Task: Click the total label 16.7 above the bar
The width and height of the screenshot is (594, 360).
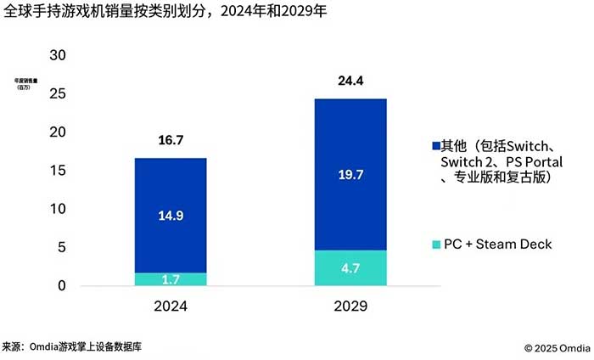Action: [x=170, y=141]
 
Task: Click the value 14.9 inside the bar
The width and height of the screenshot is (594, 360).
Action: [x=170, y=216]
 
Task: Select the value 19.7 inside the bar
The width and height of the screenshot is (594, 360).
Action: [x=350, y=175]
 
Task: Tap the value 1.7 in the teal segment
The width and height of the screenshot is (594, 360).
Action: [x=170, y=279]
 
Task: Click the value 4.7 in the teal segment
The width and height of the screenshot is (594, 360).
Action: [x=350, y=268]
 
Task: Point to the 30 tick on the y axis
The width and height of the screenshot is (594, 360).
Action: [x=57, y=55]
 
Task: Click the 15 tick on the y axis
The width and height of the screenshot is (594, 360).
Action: [x=57, y=171]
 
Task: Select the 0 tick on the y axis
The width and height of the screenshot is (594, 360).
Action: [x=61, y=286]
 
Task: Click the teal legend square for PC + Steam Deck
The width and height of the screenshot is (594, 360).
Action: [x=437, y=245]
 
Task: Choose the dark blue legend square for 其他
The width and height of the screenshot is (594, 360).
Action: [x=437, y=145]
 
